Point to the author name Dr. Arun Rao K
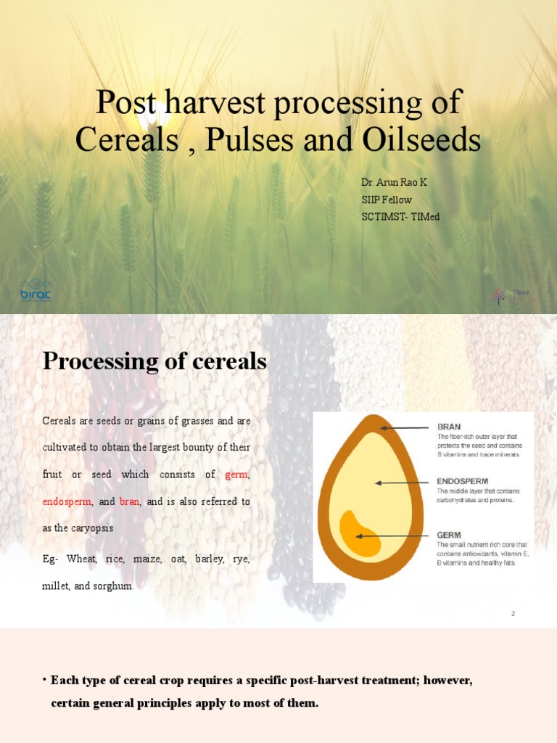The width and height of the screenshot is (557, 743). (x=394, y=182)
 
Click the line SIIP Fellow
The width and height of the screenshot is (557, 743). (x=387, y=200)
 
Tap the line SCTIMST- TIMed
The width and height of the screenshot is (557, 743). (x=400, y=217)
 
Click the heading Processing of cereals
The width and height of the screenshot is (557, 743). (x=154, y=361)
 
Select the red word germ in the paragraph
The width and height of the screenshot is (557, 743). (x=236, y=475)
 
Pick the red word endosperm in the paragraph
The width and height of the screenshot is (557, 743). (x=67, y=501)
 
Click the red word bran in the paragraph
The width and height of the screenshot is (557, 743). (x=129, y=501)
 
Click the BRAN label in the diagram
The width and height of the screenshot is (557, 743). (x=448, y=427)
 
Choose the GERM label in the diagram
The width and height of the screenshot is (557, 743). (x=448, y=534)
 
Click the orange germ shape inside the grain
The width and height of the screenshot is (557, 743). (x=359, y=534)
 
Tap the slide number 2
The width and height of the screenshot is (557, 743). (x=513, y=614)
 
